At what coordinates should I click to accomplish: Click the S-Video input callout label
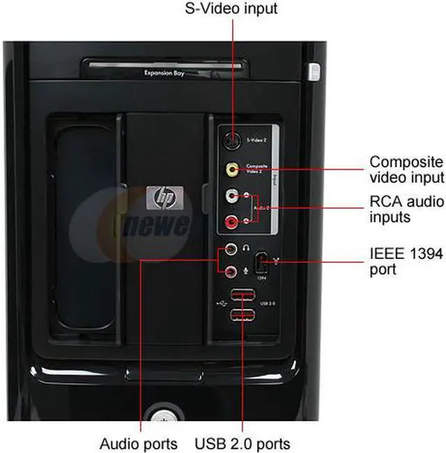[x=231, y=9]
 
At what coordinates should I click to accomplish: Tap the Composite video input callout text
[x=406, y=170]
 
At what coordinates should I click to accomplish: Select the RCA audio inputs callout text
[x=406, y=209]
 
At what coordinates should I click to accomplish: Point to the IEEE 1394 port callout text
[x=406, y=261]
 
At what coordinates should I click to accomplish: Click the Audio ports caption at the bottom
[x=139, y=443]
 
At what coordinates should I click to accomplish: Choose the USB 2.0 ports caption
[x=242, y=443]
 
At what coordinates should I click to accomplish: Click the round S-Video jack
[x=231, y=141]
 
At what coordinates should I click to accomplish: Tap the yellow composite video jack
[x=231, y=169]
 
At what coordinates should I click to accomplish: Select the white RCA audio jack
[x=231, y=197]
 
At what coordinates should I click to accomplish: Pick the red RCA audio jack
[x=231, y=223]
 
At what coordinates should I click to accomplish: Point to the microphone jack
[x=230, y=271]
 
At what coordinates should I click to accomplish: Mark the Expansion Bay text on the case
[x=164, y=72]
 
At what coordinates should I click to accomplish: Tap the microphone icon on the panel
[x=246, y=271]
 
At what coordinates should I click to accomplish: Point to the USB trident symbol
[x=222, y=304]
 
